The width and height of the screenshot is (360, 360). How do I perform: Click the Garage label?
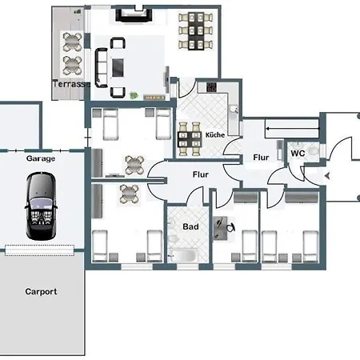pyautogui.click(x=41, y=158)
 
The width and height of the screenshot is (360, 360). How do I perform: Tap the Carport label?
pyautogui.click(x=41, y=292)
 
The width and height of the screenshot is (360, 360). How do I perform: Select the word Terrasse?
pyautogui.click(x=71, y=84)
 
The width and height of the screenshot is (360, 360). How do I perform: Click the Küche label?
pyautogui.click(x=215, y=135)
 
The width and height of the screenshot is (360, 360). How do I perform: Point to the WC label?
pyautogui.click(x=298, y=154)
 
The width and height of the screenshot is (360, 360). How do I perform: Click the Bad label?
pyautogui.click(x=190, y=226)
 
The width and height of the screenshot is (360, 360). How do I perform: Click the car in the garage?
pyautogui.click(x=41, y=206)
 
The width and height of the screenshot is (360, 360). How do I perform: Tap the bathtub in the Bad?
pyautogui.click(x=183, y=255)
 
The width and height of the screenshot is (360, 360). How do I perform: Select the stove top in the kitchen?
pyautogui.click(x=211, y=87)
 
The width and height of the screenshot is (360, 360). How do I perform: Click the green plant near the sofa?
pyautogui.click(x=133, y=95)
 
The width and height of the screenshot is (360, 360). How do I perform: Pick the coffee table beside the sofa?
pyautogui.click(x=118, y=68)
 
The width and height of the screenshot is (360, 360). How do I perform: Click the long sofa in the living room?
pyautogui.click(x=102, y=68)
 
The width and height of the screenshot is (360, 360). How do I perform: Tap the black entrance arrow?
pyautogui.click(x=327, y=176)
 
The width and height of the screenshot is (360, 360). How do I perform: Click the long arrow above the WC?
pyautogui.click(x=293, y=129)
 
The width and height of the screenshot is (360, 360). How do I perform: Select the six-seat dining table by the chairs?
pyautogui.click(x=196, y=31)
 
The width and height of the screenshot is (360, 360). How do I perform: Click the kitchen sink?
pyautogui.click(x=234, y=110)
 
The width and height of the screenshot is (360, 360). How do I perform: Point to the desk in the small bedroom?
pyautogui.click(x=220, y=228)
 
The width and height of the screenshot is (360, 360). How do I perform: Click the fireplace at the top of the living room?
pyautogui.click(x=134, y=15)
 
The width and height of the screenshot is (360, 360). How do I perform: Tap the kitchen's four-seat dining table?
pyautogui.click(x=190, y=139)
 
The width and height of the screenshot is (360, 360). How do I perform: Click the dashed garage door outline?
pyautogui.click(x=39, y=250)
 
